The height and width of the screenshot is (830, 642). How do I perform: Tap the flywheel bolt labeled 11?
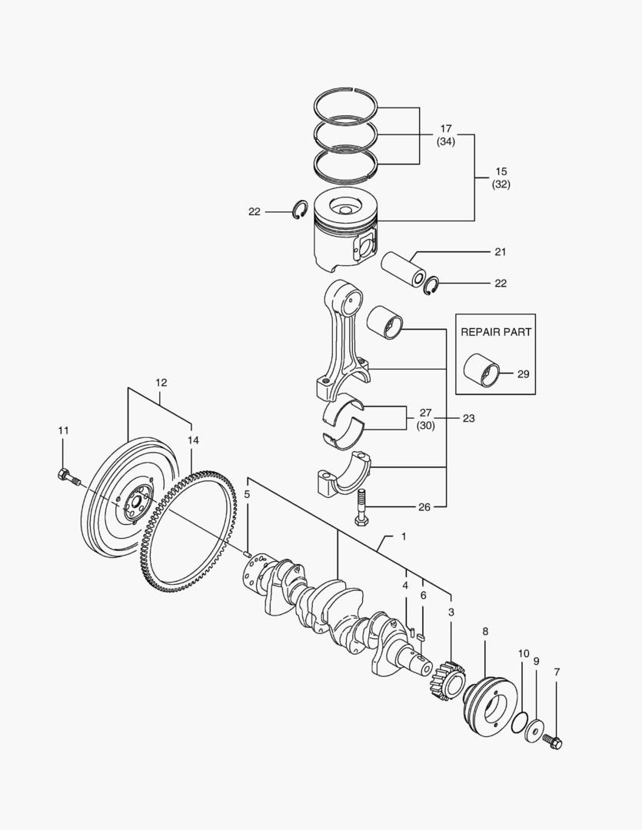[x=68, y=478]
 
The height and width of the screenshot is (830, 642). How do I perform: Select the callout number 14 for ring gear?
[x=192, y=440]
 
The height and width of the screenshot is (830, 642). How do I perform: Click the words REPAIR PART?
[x=496, y=332]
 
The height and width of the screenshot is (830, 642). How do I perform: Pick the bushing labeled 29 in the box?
[x=480, y=369]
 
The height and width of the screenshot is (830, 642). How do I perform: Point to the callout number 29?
[x=523, y=374]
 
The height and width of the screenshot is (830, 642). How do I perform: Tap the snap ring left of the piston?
[x=299, y=211]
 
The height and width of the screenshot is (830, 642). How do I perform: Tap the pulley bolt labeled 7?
[x=552, y=742]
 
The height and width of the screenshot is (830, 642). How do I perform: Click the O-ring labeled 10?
[x=519, y=723]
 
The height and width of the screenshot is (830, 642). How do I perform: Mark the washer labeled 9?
[x=534, y=732]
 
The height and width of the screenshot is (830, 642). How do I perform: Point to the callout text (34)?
[x=446, y=141]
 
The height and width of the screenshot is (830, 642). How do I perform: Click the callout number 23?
[x=468, y=419]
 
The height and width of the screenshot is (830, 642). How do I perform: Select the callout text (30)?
[x=425, y=425]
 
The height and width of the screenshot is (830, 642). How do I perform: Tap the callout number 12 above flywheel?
[x=161, y=382]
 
